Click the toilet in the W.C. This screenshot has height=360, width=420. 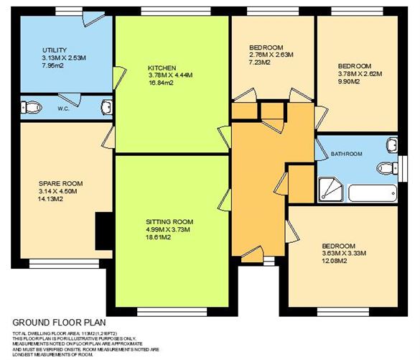[x=29, y=109]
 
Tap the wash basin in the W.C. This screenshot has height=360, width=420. [x=107, y=108]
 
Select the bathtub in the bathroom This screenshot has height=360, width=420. [x=373, y=193]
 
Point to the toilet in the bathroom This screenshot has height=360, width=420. [x=388, y=169]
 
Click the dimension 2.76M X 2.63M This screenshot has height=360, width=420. [x=271, y=55]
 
